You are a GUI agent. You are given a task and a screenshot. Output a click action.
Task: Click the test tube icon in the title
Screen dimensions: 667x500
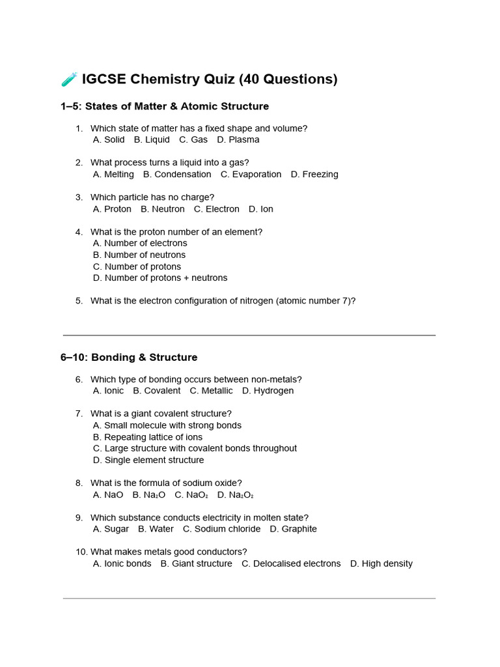click(70, 79)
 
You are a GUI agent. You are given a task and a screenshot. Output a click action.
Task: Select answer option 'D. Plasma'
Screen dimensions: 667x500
click(238, 139)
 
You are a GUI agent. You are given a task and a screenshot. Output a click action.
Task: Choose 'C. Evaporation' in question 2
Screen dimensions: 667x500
click(251, 174)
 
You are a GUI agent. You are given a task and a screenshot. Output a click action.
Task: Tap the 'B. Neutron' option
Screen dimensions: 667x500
click(163, 209)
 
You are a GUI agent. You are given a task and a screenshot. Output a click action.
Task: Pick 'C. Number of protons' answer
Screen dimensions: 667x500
click(137, 266)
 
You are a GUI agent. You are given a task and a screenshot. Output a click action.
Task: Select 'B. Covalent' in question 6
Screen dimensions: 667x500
click(157, 391)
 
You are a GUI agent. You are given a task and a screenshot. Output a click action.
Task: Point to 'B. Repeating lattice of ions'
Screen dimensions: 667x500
click(148, 437)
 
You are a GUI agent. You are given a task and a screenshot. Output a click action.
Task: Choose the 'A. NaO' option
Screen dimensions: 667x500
click(108, 494)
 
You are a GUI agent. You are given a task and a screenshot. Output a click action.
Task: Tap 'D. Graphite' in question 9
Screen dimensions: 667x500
click(294, 529)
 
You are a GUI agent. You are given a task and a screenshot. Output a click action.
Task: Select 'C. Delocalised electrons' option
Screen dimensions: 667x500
click(291, 563)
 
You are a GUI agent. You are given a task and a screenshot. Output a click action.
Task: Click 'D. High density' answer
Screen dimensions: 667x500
click(382, 563)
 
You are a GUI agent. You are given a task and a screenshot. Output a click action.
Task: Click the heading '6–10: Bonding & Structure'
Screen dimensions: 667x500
click(129, 357)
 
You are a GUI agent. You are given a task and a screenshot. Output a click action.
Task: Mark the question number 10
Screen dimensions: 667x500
click(81, 552)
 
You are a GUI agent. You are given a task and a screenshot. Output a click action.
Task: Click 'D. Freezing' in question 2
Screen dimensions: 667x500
click(314, 174)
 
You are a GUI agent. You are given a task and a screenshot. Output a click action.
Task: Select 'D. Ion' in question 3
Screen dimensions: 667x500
click(261, 209)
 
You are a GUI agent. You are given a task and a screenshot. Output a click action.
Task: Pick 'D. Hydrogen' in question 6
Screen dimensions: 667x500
click(268, 391)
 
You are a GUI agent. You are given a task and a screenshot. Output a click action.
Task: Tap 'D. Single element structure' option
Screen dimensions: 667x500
click(148, 460)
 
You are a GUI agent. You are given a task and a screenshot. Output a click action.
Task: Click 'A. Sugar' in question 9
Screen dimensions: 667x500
click(111, 529)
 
